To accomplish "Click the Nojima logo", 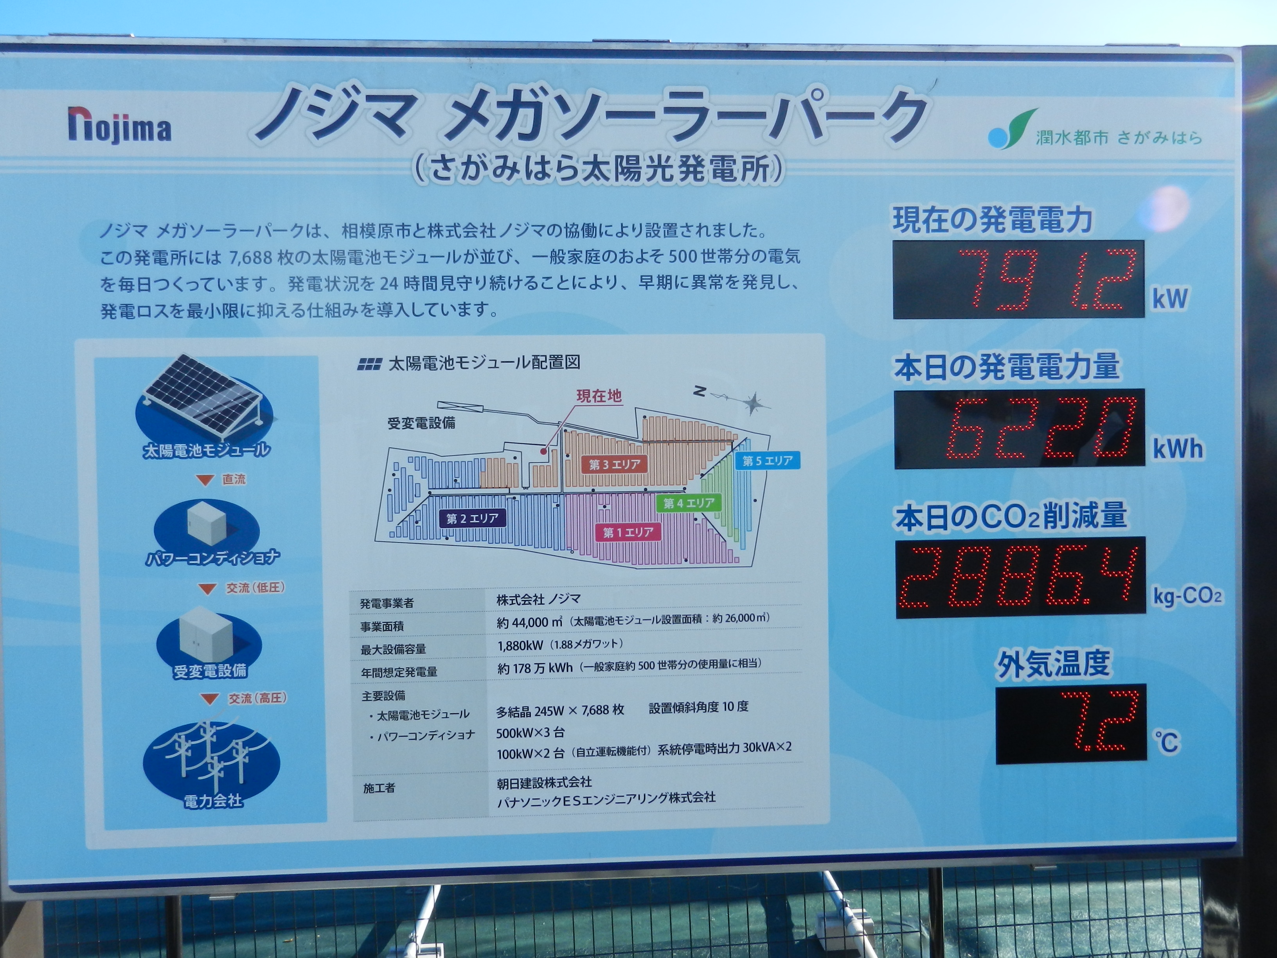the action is (119, 125).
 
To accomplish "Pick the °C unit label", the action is (1167, 742).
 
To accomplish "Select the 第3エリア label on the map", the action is (614, 464).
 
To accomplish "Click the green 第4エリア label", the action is (689, 503).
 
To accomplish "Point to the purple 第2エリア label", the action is (472, 518).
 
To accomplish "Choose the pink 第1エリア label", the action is (628, 532).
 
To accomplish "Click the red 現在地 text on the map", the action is (599, 396).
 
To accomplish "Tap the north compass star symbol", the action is (753, 402).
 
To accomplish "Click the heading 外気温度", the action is (1053, 663).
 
